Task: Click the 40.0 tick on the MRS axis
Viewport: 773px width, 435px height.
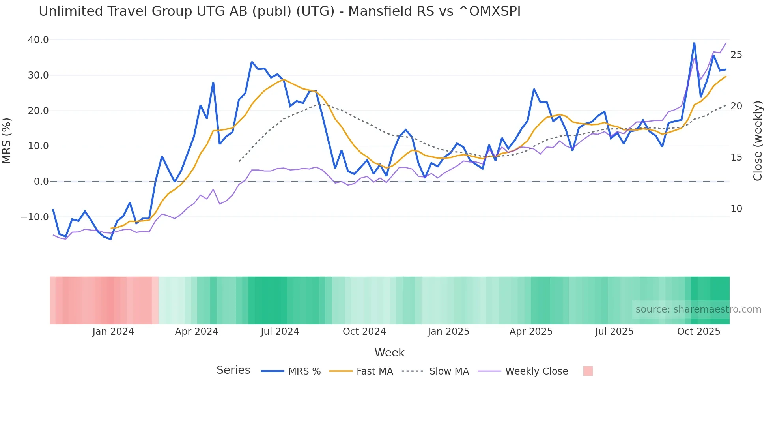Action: click(x=38, y=40)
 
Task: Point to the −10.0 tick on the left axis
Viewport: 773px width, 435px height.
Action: click(x=35, y=217)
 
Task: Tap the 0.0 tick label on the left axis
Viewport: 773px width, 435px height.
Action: click(x=41, y=182)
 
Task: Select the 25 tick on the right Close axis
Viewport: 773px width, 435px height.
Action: click(x=736, y=55)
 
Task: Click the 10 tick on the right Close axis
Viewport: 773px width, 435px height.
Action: click(x=736, y=209)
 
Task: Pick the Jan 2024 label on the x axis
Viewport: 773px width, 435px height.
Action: click(x=113, y=332)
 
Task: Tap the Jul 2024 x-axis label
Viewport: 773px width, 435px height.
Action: click(x=280, y=332)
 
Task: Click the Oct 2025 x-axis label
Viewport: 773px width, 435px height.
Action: click(x=698, y=332)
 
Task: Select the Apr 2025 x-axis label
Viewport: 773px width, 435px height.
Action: click(x=531, y=332)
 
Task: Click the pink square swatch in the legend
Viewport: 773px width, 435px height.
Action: click(x=588, y=371)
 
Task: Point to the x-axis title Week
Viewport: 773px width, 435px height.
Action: click(x=389, y=352)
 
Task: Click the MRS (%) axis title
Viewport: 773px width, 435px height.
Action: click(x=7, y=141)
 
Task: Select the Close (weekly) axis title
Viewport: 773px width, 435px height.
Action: click(x=758, y=141)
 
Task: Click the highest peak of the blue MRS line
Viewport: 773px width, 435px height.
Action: click(x=694, y=43)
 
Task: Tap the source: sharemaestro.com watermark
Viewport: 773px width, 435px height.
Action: click(x=698, y=309)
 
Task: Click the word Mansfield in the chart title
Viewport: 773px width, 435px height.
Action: click(x=376, y=11)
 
